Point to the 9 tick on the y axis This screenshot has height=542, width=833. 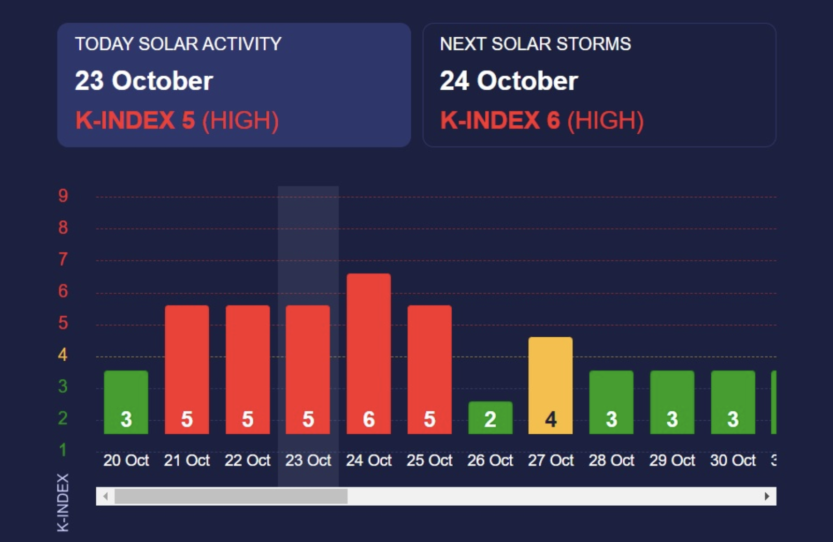click(x=63, y=196)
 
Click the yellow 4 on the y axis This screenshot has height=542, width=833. click(x=63, y=355)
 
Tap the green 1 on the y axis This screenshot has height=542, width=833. click(x=63, y=450)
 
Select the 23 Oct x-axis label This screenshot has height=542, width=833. click(x=308, y=460)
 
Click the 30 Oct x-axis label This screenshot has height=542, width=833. click(x=733, y=460)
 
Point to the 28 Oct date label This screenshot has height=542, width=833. click(x=611, y=460)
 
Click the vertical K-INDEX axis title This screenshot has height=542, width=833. click(x=63, y=502)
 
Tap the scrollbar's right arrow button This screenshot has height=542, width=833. click(x=767, y=496)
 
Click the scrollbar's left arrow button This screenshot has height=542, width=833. click(x=105, y=496)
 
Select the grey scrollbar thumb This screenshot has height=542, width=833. click(x=231, y=496)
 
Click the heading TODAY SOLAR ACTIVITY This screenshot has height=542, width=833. click(x=178, y=44)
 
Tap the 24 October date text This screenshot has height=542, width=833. click(x=509, y=81)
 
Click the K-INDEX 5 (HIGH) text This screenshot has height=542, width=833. click(x=177, y=121)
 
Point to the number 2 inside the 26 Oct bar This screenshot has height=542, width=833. click(x=490, y=419)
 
